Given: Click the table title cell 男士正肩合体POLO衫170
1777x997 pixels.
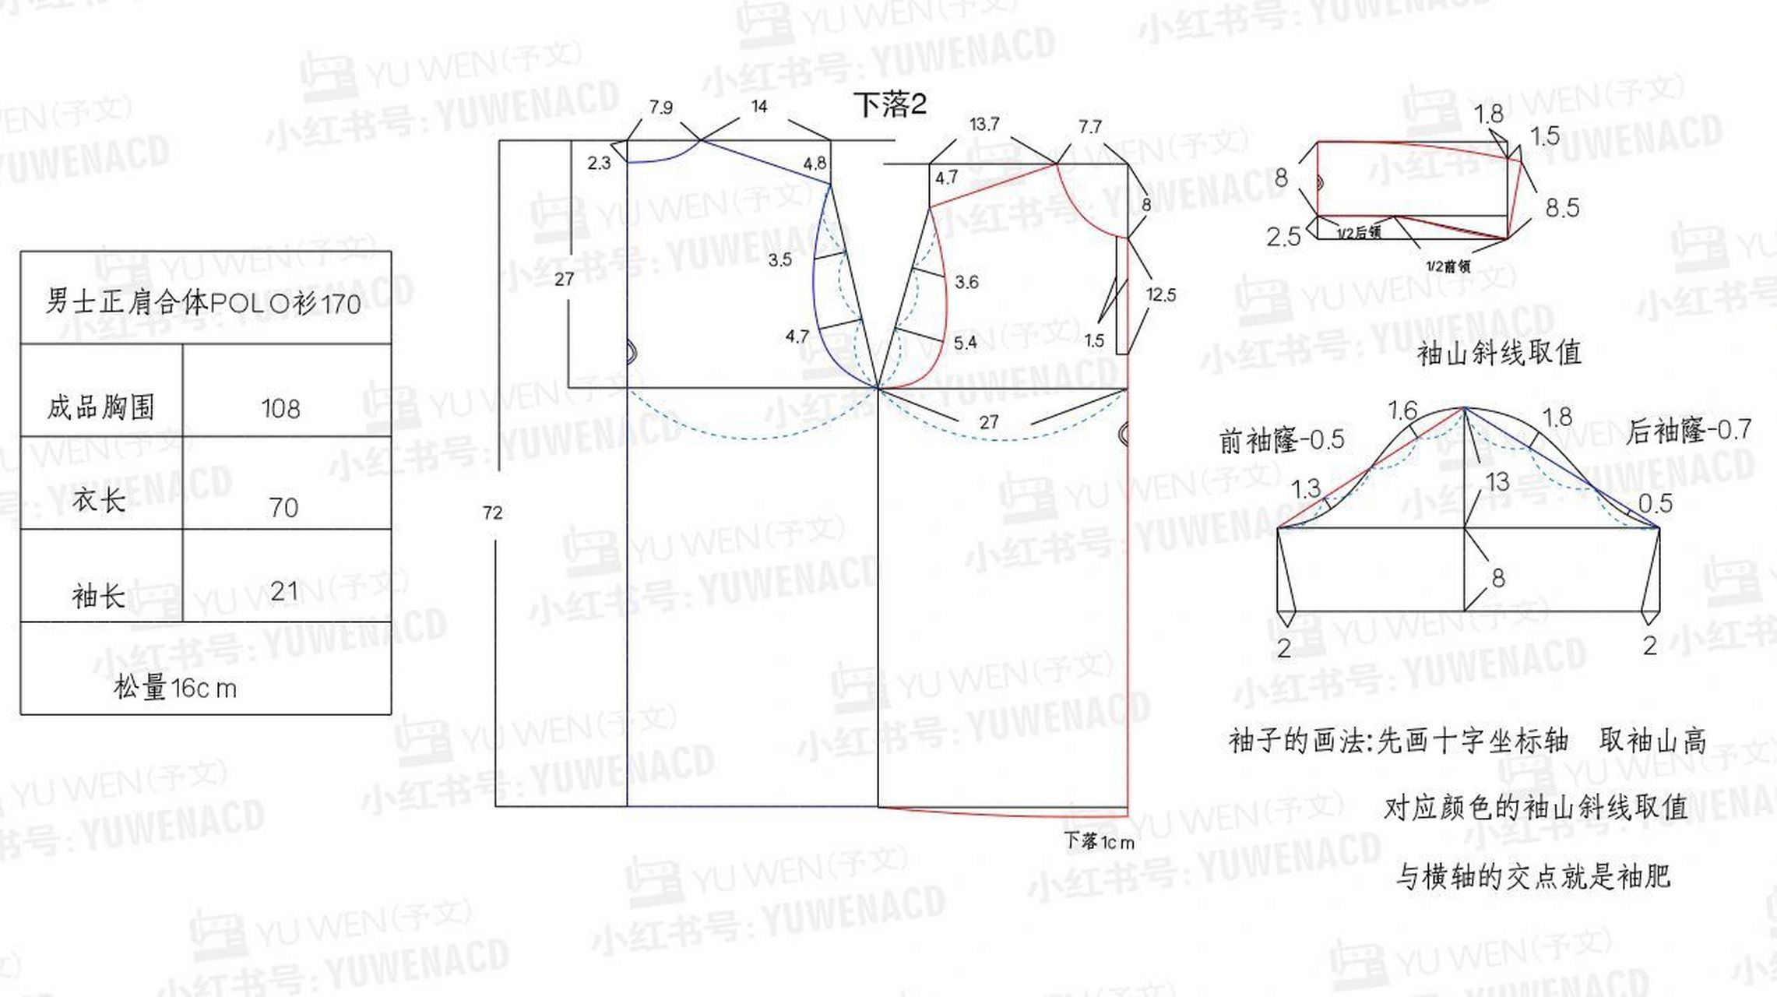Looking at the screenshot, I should [203, 301].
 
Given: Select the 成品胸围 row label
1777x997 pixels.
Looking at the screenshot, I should [100, 407].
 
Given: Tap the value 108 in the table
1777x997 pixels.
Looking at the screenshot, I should [280, 409].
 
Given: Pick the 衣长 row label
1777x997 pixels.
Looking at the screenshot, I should [99, 500].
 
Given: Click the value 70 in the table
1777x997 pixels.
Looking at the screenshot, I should [283, 508].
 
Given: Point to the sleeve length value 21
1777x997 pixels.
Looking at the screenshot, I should [284, 590].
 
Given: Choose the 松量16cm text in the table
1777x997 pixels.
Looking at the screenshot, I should [174, 688].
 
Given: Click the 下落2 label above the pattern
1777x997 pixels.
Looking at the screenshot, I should [889, 104].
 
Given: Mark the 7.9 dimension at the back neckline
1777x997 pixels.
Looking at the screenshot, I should [660, 107].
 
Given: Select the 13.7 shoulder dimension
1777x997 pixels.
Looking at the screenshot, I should [984, 124].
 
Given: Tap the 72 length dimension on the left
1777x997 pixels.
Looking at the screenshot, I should [492, 513].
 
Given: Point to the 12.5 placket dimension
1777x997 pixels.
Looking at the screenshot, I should [1160, 294].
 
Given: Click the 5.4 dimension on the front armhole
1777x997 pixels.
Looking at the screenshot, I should [965, 343].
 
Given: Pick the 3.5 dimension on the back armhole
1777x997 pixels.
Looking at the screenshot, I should [779, 260].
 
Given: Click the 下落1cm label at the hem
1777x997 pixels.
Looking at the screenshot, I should [1099, 842].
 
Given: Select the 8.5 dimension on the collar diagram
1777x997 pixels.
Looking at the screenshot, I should [1561, 208].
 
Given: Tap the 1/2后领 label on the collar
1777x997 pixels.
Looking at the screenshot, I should [1359, 233].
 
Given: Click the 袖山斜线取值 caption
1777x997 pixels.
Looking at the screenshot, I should [1499, 353].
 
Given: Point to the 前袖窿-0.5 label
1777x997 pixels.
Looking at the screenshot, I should [1282, 441].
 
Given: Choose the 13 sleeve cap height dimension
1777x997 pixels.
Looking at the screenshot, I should [1497, 482].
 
